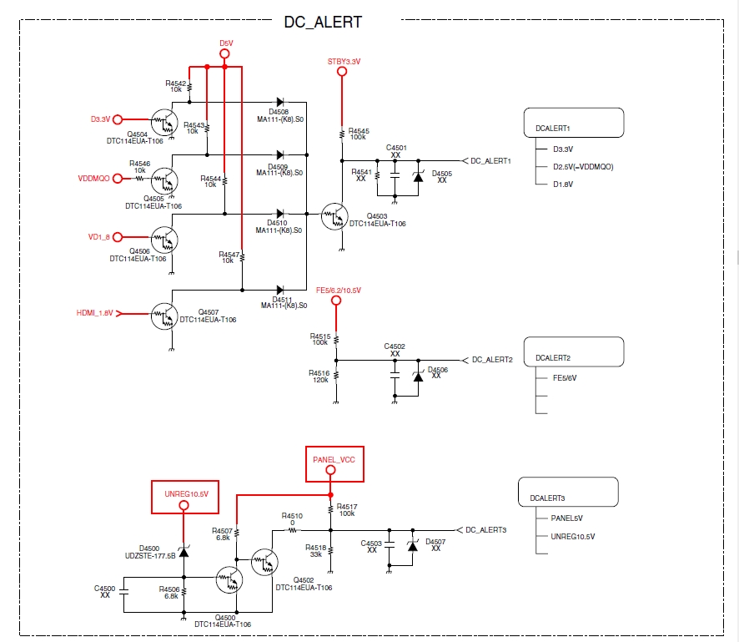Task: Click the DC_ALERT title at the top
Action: [323, 22]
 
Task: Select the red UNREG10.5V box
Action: [185, 496]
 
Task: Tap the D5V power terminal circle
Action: [224, 54]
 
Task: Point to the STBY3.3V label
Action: [344, 61]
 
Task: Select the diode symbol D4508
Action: [279, 103]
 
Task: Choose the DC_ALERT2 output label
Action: [491, 360]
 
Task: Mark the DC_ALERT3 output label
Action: [486, 530]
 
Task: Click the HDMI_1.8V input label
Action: [93, 313]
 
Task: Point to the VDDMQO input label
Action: [94, 178]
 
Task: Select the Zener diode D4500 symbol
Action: [183, 550]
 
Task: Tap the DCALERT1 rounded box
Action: [574, 123]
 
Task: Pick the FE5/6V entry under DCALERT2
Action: [565, 377]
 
